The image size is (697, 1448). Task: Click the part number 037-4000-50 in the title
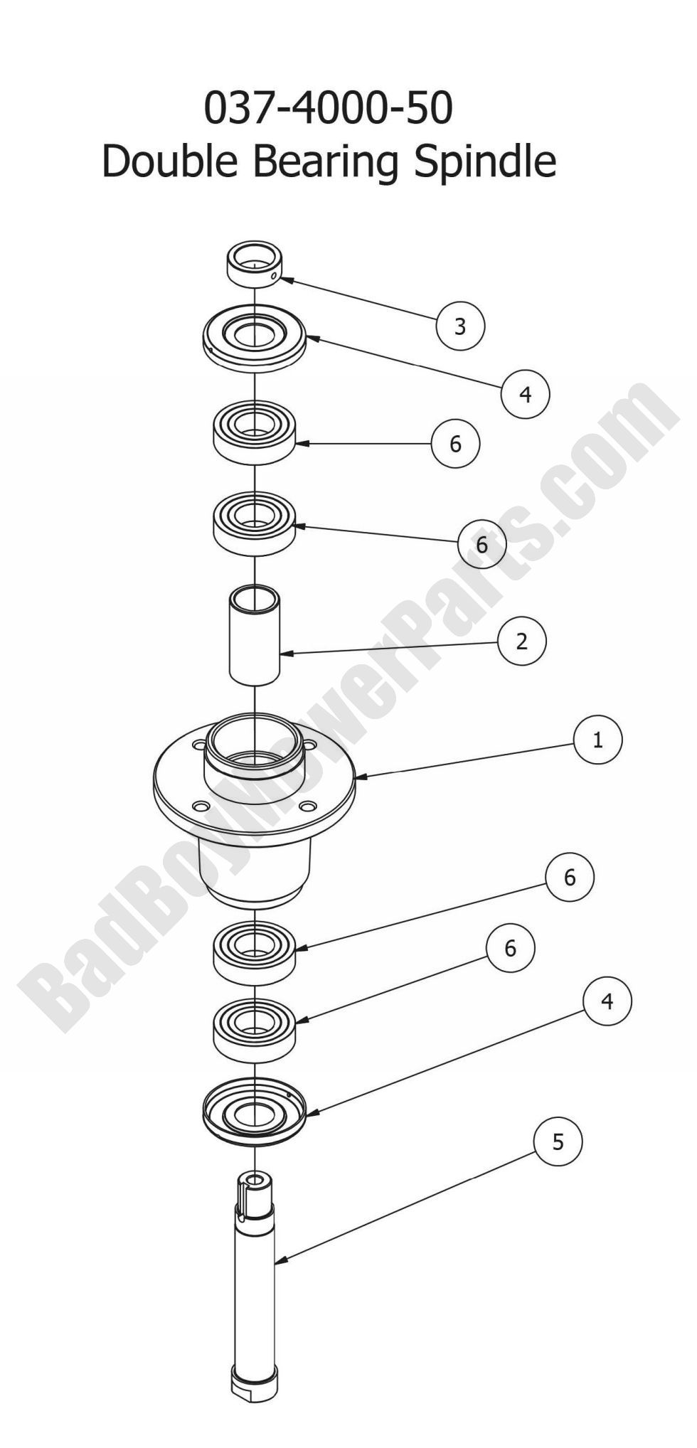click(329, 109)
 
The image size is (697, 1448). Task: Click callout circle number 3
click(460, 326)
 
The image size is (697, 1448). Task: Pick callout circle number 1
click(597, 740)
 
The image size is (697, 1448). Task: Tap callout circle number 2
click(522, 641)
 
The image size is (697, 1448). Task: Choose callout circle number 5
click(558, 1142)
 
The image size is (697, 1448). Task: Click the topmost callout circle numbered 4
click(526, 394)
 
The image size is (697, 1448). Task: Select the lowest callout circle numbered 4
click(606, 1001)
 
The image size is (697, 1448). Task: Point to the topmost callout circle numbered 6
click(455, 444)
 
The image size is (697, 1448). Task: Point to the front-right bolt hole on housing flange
click(307, 806)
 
